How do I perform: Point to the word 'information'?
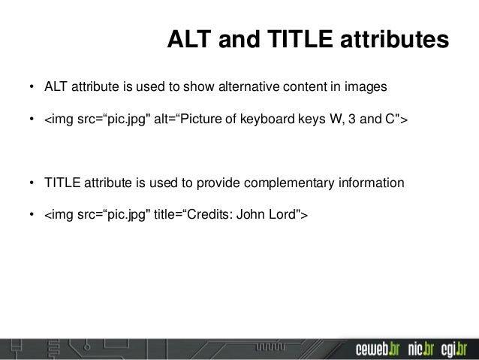click(x=370, y=183)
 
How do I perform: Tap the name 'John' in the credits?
click(x=252, y=214)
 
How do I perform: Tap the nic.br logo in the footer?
click(x=421, y=349)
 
